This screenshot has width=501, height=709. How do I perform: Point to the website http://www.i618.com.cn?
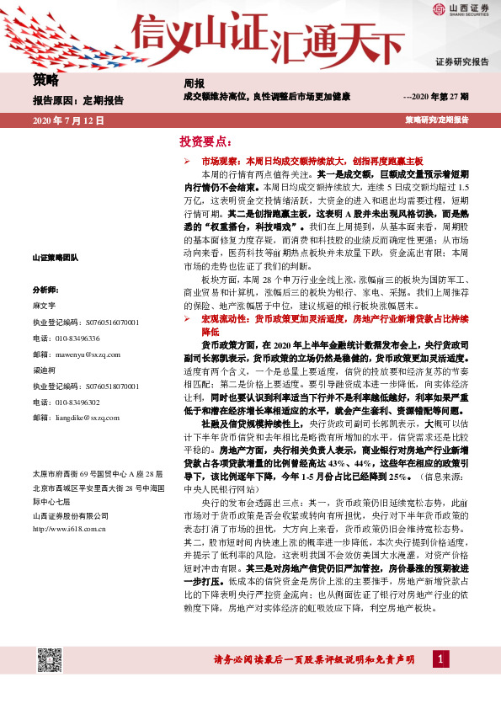67,528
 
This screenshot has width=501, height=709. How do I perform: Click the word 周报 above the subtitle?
194,84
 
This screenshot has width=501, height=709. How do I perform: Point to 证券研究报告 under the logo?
461,62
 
